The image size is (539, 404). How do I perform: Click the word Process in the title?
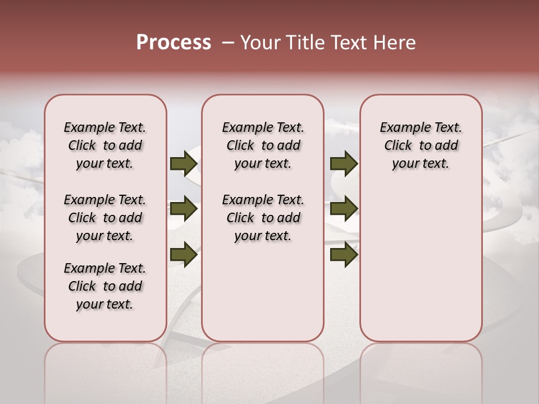tap(173, 42)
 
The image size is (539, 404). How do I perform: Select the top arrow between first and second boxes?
tap(184, 164)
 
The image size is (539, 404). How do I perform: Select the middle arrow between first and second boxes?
tap(184, 209)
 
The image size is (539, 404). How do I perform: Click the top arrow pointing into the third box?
tap(344, 164)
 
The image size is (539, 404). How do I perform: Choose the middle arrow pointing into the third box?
tap(344, 209)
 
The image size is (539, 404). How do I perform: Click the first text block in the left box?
tap(104, 145)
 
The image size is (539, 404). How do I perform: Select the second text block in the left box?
tap(104, 218)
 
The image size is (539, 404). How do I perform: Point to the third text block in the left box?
tap(104, 286)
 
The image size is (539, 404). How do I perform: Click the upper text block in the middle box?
tap(263, 145)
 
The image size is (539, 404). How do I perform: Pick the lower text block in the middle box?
tap(263, 218)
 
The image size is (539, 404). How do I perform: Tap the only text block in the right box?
tap(421, 145)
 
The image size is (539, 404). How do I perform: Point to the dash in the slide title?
tap(227, 43)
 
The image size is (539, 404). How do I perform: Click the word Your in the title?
tap(260, 43)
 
